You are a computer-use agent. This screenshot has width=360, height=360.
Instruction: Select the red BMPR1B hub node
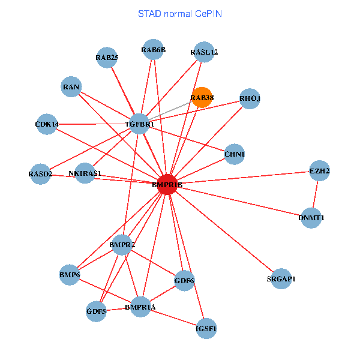pyautogui.click(x=167, y=184)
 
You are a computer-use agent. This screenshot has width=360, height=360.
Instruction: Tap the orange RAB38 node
pyautogui.click(x=202, y=97)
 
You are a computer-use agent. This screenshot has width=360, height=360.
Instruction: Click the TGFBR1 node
pyautogui.click(x=140, y=124)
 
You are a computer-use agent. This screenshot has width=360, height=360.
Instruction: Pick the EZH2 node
pyautogui.click(x=319, y=171)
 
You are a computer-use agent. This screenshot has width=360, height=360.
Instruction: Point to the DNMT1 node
pyautogui.click(x=311, y=217)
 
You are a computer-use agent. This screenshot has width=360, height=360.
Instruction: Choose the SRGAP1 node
pyautogui.click(x=281, y=278)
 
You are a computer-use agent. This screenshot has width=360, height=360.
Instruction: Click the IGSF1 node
pyautogui.click(x=206, y=328)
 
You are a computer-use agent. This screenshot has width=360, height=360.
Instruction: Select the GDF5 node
pyautogui.click(x=96, y=311)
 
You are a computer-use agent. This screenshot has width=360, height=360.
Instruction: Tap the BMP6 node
pyautogui.click(x=70, y=274)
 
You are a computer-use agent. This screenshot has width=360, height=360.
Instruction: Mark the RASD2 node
pyautogui.click(x=40, y=174)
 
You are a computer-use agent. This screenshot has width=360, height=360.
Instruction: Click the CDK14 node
pyautogui.click(x=47, y=124)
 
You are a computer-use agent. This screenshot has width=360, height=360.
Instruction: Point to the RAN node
pyautogui.click(x=71, y=87)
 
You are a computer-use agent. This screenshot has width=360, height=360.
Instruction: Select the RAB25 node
pyautogui.click(x=107, y=58)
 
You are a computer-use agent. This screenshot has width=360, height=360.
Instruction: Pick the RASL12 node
pyautogui.click(x=204, y=52)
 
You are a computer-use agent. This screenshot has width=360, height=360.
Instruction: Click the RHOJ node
pyautogui.click(x=250, y=98)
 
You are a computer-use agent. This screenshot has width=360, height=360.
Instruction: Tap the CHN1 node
pyautogui.click(x=234, y=154)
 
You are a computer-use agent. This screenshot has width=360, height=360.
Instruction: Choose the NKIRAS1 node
pyautogui.click(x=85, y=173)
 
